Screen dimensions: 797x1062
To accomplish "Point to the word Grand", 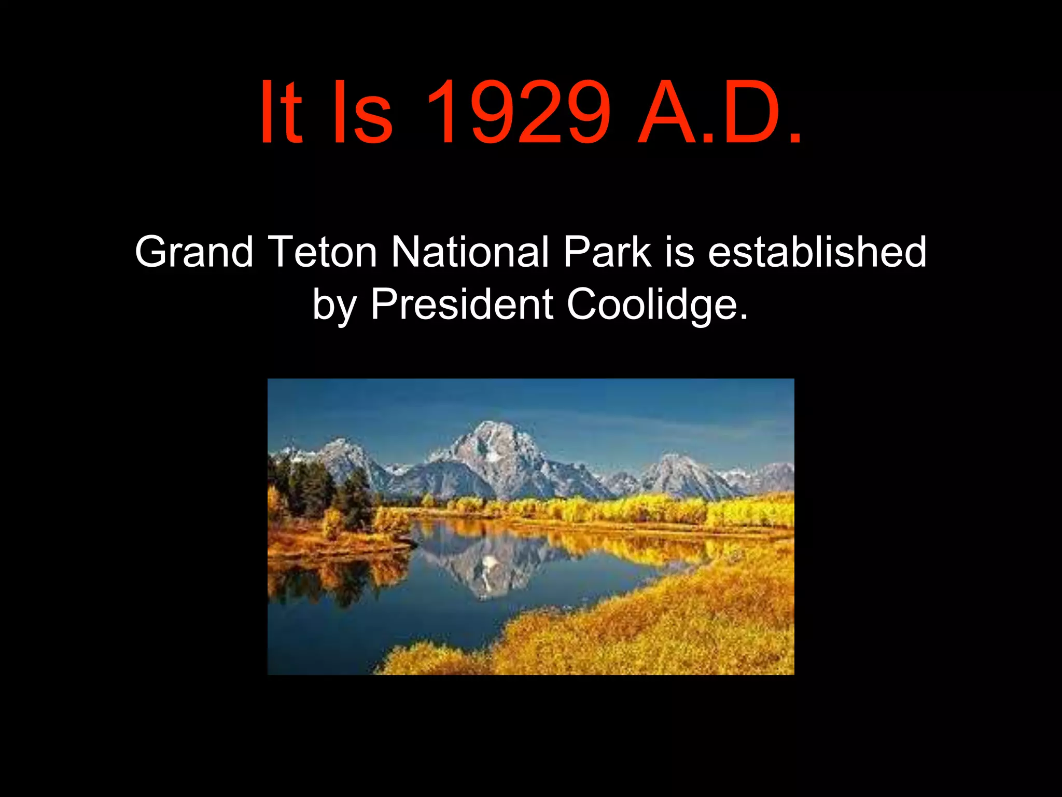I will pyautogui.click(x=194, y=252).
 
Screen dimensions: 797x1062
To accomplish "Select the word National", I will pyautogui.click(x=469, y=252).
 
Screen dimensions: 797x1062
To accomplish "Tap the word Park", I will pyautogui.click(x=607, y=252).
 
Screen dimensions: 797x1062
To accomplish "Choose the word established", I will pyautogui.click(x=817, y=252).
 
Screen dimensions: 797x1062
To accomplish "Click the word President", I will pyautogui.click(x=462, y=305).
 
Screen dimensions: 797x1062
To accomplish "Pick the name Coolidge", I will pyautogui.click(x=657, y=305).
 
